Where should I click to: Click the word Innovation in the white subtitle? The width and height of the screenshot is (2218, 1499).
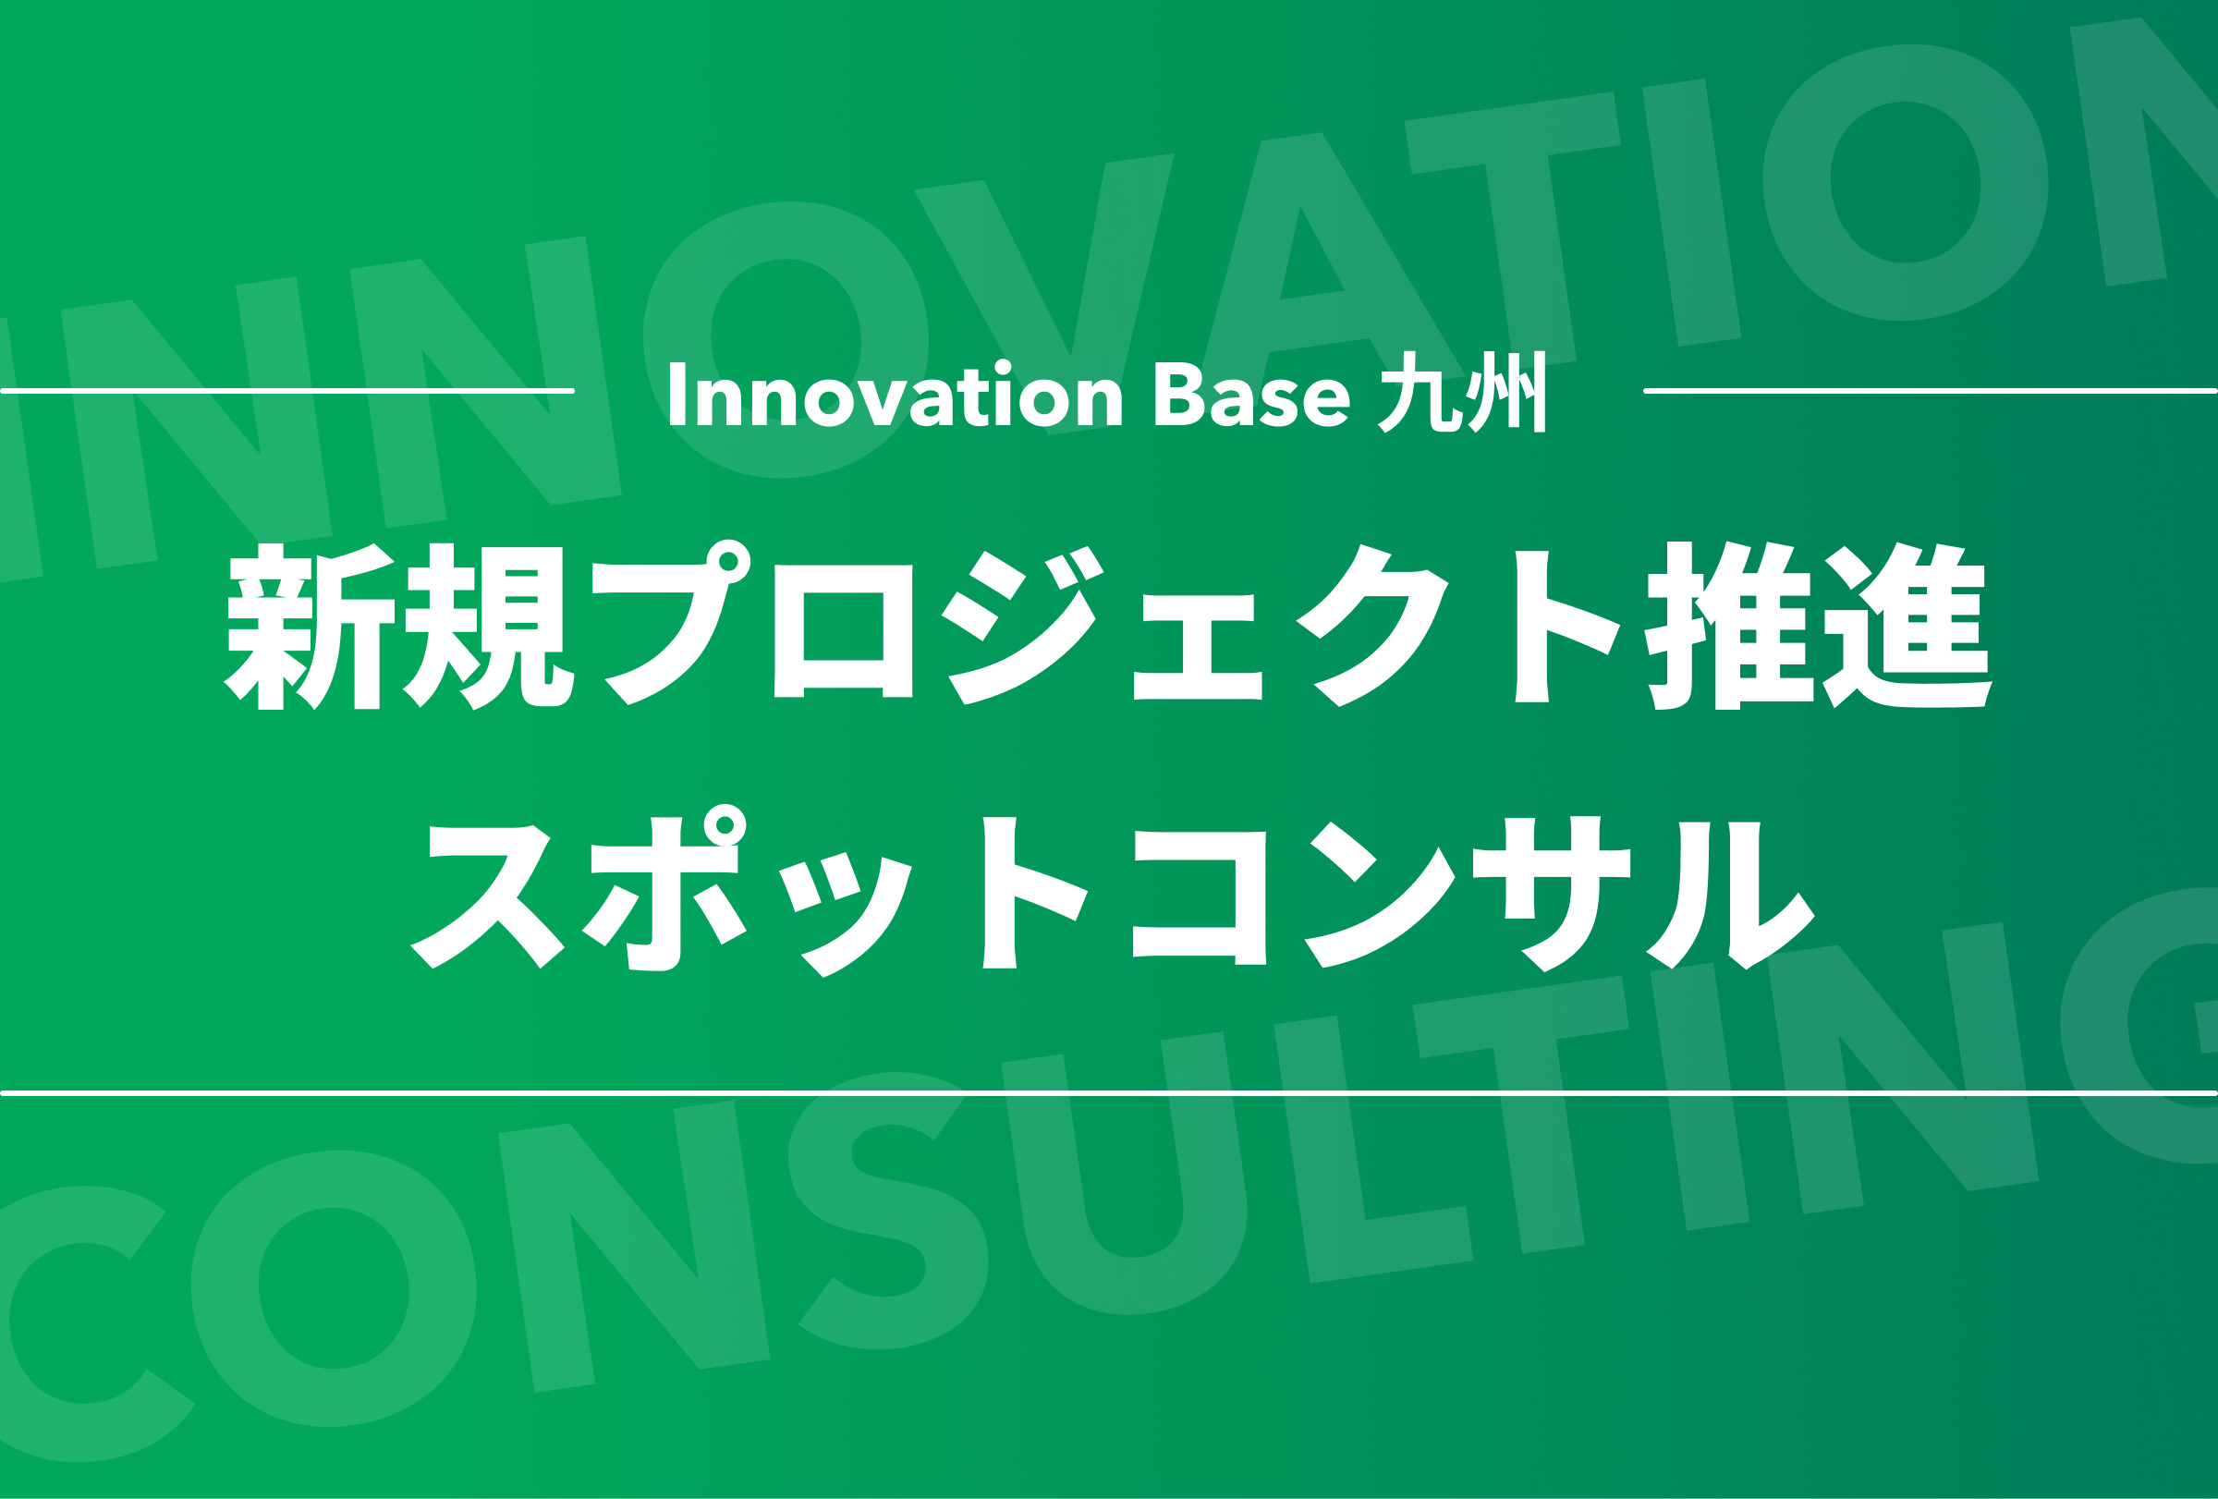point(896,393)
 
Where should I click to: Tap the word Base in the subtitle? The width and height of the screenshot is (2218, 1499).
point(1252,393)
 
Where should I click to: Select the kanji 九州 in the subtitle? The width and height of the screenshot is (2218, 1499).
point(1462,392)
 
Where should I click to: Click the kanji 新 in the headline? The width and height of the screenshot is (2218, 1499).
point(310,626)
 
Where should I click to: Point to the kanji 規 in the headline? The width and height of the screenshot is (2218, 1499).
point(489,626)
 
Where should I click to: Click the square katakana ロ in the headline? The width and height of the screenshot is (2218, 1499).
point(843,630)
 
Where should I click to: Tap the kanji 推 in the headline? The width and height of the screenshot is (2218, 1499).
point(1729,626)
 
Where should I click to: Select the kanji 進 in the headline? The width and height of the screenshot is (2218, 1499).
point(1907,626)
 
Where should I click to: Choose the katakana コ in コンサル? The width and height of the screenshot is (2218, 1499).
point(1200,898)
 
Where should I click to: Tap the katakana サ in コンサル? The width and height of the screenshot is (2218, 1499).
point(1552,894)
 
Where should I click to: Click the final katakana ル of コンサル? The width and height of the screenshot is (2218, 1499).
point(1730,896)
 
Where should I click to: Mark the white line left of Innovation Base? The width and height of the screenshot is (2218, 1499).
point(287,390)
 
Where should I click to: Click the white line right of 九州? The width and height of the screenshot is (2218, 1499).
point(1930,390)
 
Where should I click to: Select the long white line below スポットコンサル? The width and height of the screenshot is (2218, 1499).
point(1109,1092)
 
